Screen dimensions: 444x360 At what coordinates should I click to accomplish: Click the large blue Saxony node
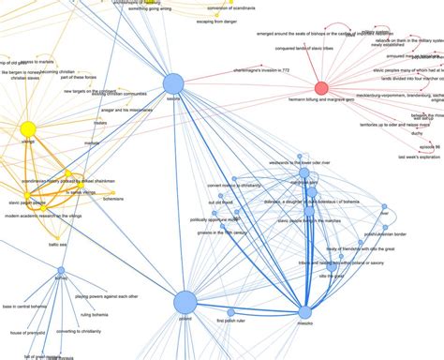pyautogui.click(x=173, y=84)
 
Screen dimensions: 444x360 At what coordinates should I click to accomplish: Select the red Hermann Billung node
pyautogui.click(x=321, y=88)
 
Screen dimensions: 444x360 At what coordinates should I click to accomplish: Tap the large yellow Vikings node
pyautogui.click(x=28, y=128)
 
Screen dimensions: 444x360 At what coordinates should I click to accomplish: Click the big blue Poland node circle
pyautogui.click(x=185, y=301)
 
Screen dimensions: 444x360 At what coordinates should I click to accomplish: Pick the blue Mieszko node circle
pyautogui.click(x=304, y=311)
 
